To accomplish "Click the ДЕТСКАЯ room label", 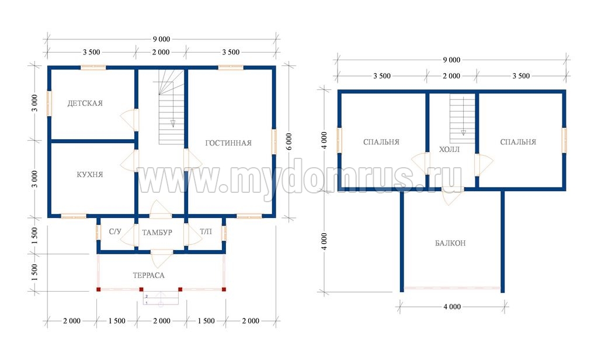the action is pyautogui.click(x=85, y=103).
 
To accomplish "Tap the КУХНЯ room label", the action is pyautogui.click(x=90, y=175).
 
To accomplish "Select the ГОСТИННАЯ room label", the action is pyautogui.click(x=228, y=143).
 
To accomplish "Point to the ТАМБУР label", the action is pyautogui.click(x=157, y=232).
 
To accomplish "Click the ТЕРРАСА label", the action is pyautogui.click(x=149, y=275).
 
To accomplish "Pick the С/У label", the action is pyautogui.click(x=115, y=232).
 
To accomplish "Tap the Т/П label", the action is pyautogui.click(x=206, y=232).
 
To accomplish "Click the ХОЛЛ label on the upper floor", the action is pyautogui.click(x=449, y=149).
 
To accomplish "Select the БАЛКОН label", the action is pyautogui.click(x=450, y=243).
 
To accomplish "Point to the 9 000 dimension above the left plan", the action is pyautogui.click(x=162, y=39).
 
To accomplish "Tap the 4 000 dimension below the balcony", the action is pyautogui.click(x=453, y=307).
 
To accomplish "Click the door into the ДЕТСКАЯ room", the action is pyautogui.click(x=130, y=119).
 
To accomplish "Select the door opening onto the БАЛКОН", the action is pyautogui.click(x=453, y=195).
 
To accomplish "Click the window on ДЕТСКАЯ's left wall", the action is pyautogui.click(x=49, y=103).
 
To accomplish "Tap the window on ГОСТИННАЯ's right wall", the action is pyautogui.click(x=274, y=141).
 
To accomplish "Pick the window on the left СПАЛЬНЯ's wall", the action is pyautogui.click(x=339, y=140).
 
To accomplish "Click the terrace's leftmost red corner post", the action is pyautogui.click(x=98, y=289).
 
